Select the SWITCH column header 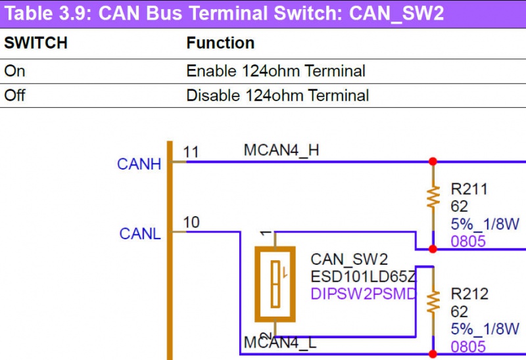coord(36,43)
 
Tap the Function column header coord(220,43)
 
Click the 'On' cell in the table coord(14,70)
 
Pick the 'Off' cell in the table coord(14,95)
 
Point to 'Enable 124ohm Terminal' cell coord(275,70)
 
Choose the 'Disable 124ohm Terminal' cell coord(277,95)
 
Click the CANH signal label coord(139,164)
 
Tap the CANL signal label coord(139,233)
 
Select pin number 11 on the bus coord(191,152)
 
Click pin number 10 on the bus coord(191,223)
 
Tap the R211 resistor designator coord(469,190)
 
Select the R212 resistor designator coord(469,294)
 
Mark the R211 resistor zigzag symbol coord(433,197)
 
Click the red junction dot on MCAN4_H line coord(433,161)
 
